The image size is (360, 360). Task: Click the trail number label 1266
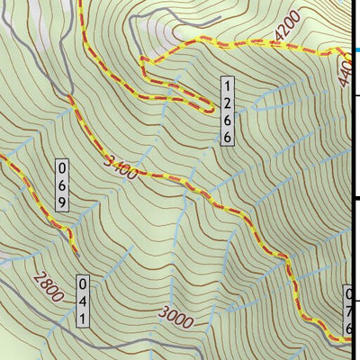click(x=229, y=111)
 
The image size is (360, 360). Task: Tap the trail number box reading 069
click(x=62, y=185)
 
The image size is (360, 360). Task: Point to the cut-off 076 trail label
click(x=350, y=311)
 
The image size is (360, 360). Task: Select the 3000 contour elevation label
click(x=176, y=314)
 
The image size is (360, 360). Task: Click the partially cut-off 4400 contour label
click(x=347, y=72)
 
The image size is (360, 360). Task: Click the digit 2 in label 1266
click(x=229, y=103)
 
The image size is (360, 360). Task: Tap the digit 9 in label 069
click(x=62, y=202)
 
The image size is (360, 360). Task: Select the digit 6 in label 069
click(x=62, y=185)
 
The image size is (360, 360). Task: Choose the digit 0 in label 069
click(x=62, y=169)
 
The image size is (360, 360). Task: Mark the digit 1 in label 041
click(x=82, y=319)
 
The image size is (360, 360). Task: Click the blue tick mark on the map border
click(x=356, y=50)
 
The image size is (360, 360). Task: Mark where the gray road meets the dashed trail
click(x=69, y=96)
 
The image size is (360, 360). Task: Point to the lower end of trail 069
click(x=72, y=241)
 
